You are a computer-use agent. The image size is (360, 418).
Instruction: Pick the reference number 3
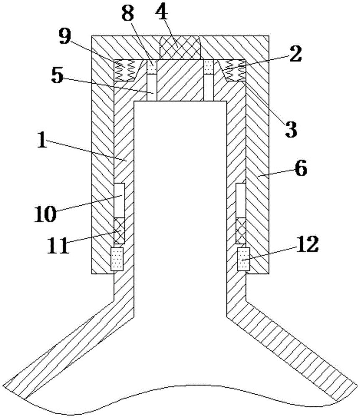[291, 129]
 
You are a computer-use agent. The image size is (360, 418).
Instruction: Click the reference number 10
[45, 214]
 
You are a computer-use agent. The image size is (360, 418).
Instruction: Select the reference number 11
[58, 245]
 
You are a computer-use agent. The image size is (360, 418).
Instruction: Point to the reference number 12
[307, 244]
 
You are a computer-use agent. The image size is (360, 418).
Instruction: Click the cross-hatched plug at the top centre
[180, 48]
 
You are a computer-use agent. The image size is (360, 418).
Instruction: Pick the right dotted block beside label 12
[243, 259]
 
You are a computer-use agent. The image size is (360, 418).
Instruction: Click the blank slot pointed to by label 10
[119, 200]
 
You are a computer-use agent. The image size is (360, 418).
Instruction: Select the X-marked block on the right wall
[241, 230]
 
